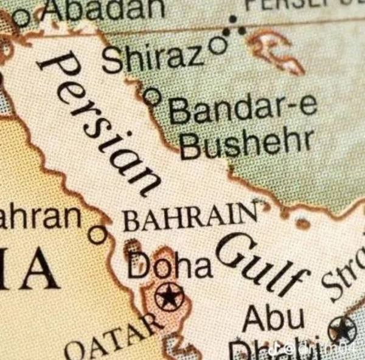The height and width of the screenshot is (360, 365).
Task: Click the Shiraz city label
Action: tap(153, 58)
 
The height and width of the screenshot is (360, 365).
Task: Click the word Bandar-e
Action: tap(243, 108)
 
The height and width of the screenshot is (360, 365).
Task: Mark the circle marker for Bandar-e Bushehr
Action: tap(152, 95)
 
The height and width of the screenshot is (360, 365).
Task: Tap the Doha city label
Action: tap(170, 266)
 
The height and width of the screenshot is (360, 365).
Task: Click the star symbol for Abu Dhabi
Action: tap(342, 330)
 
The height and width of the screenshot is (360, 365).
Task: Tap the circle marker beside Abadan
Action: tap(21, 18)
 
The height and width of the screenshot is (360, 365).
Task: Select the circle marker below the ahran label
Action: tap(97, 234)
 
